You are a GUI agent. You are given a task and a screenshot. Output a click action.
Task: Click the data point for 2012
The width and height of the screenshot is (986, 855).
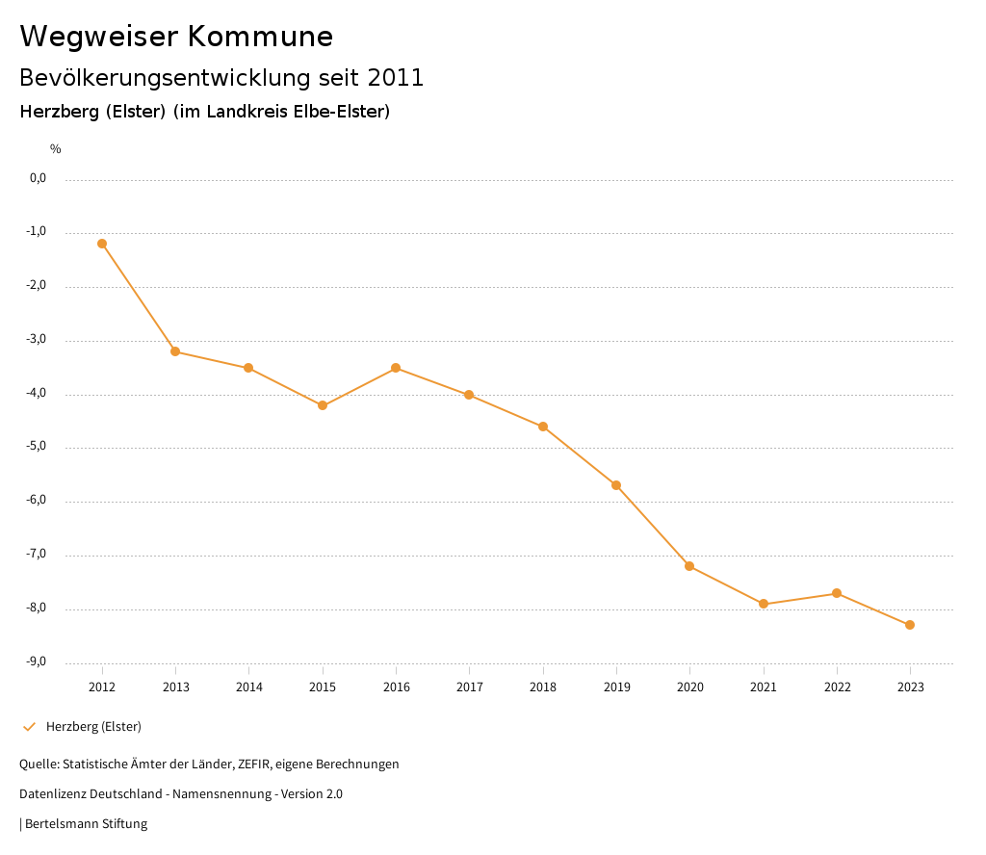tap(102, 244)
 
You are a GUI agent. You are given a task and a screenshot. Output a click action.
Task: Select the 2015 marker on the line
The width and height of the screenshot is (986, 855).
tap(323, 405)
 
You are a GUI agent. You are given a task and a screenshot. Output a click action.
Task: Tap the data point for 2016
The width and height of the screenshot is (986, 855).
tap(396, 368)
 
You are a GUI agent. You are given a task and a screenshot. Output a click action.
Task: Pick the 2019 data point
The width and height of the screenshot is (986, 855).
tap(616, 485)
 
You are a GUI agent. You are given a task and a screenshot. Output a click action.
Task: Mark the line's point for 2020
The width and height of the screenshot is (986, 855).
tap(689, 566)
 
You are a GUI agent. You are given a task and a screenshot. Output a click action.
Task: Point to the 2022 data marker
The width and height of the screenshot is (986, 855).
tap(837, 593)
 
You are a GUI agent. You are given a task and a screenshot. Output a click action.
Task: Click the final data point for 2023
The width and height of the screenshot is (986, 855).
tap(910, 625)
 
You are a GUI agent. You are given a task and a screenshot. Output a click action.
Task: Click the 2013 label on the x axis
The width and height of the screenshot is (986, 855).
tap(175, 687)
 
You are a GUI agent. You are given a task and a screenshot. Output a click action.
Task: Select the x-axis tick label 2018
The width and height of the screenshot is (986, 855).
tap(543, 687)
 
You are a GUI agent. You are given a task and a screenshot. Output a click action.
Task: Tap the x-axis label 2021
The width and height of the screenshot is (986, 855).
tap(764, 687)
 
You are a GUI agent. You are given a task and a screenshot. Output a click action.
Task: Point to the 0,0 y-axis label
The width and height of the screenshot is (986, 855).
tap(38, 178)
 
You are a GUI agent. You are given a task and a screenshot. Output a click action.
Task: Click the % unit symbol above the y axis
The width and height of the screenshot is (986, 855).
tap(56, 149)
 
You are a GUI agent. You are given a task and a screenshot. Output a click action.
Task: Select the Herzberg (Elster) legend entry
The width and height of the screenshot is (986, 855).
tap(93, 726)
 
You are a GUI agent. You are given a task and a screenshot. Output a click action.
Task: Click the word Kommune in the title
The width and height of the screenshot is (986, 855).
tap(260, 37)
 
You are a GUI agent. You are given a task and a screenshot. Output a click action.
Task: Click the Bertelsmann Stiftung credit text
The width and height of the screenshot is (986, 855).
tap(86, 823)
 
